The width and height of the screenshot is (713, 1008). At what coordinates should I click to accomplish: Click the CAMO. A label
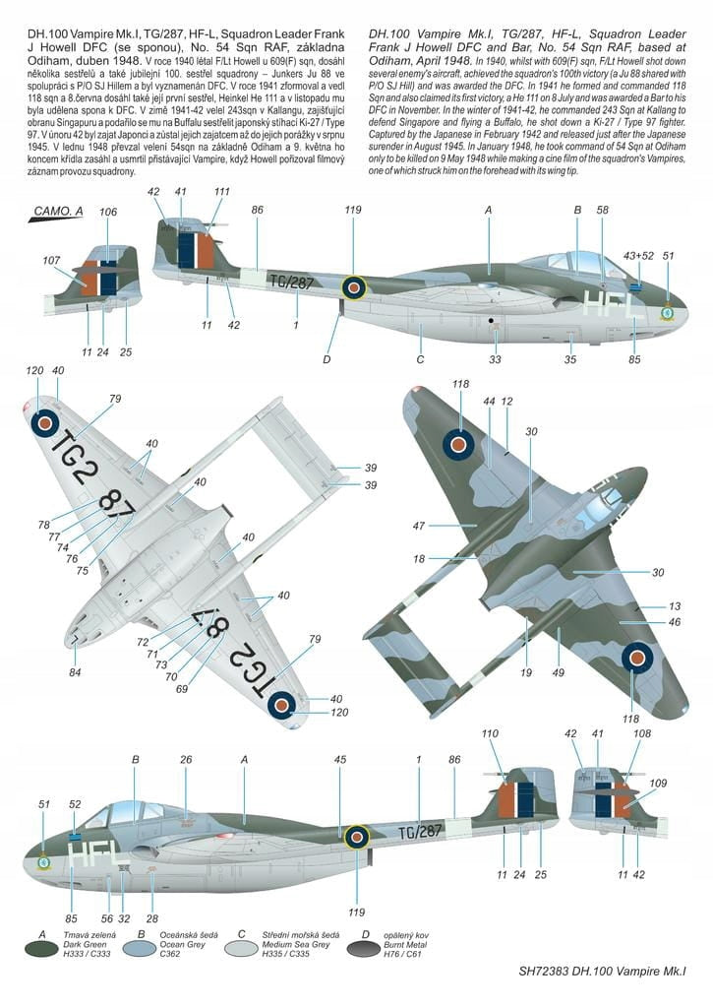click(59, 211)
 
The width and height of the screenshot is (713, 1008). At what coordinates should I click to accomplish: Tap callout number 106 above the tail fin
click(108, 212)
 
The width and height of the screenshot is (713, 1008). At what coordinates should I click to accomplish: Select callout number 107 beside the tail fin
click(52, 261)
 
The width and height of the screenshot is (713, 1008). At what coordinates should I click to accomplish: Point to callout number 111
click(222, 192)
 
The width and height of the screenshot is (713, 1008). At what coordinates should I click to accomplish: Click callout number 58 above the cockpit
click(603, 210)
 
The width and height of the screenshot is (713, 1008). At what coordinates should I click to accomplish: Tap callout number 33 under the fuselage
click(495, 359)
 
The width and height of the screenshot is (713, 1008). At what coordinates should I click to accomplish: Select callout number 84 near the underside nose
click(75, 672)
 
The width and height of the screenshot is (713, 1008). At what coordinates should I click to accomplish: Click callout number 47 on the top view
click(418, 526)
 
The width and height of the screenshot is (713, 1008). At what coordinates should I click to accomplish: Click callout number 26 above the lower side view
click(186, 759)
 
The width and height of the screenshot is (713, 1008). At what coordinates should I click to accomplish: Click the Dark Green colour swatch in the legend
click(42, 950)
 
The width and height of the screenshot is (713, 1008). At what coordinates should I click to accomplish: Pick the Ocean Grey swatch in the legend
click(140, 950)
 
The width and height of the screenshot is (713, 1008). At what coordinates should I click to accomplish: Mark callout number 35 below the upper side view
click(569, 359)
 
